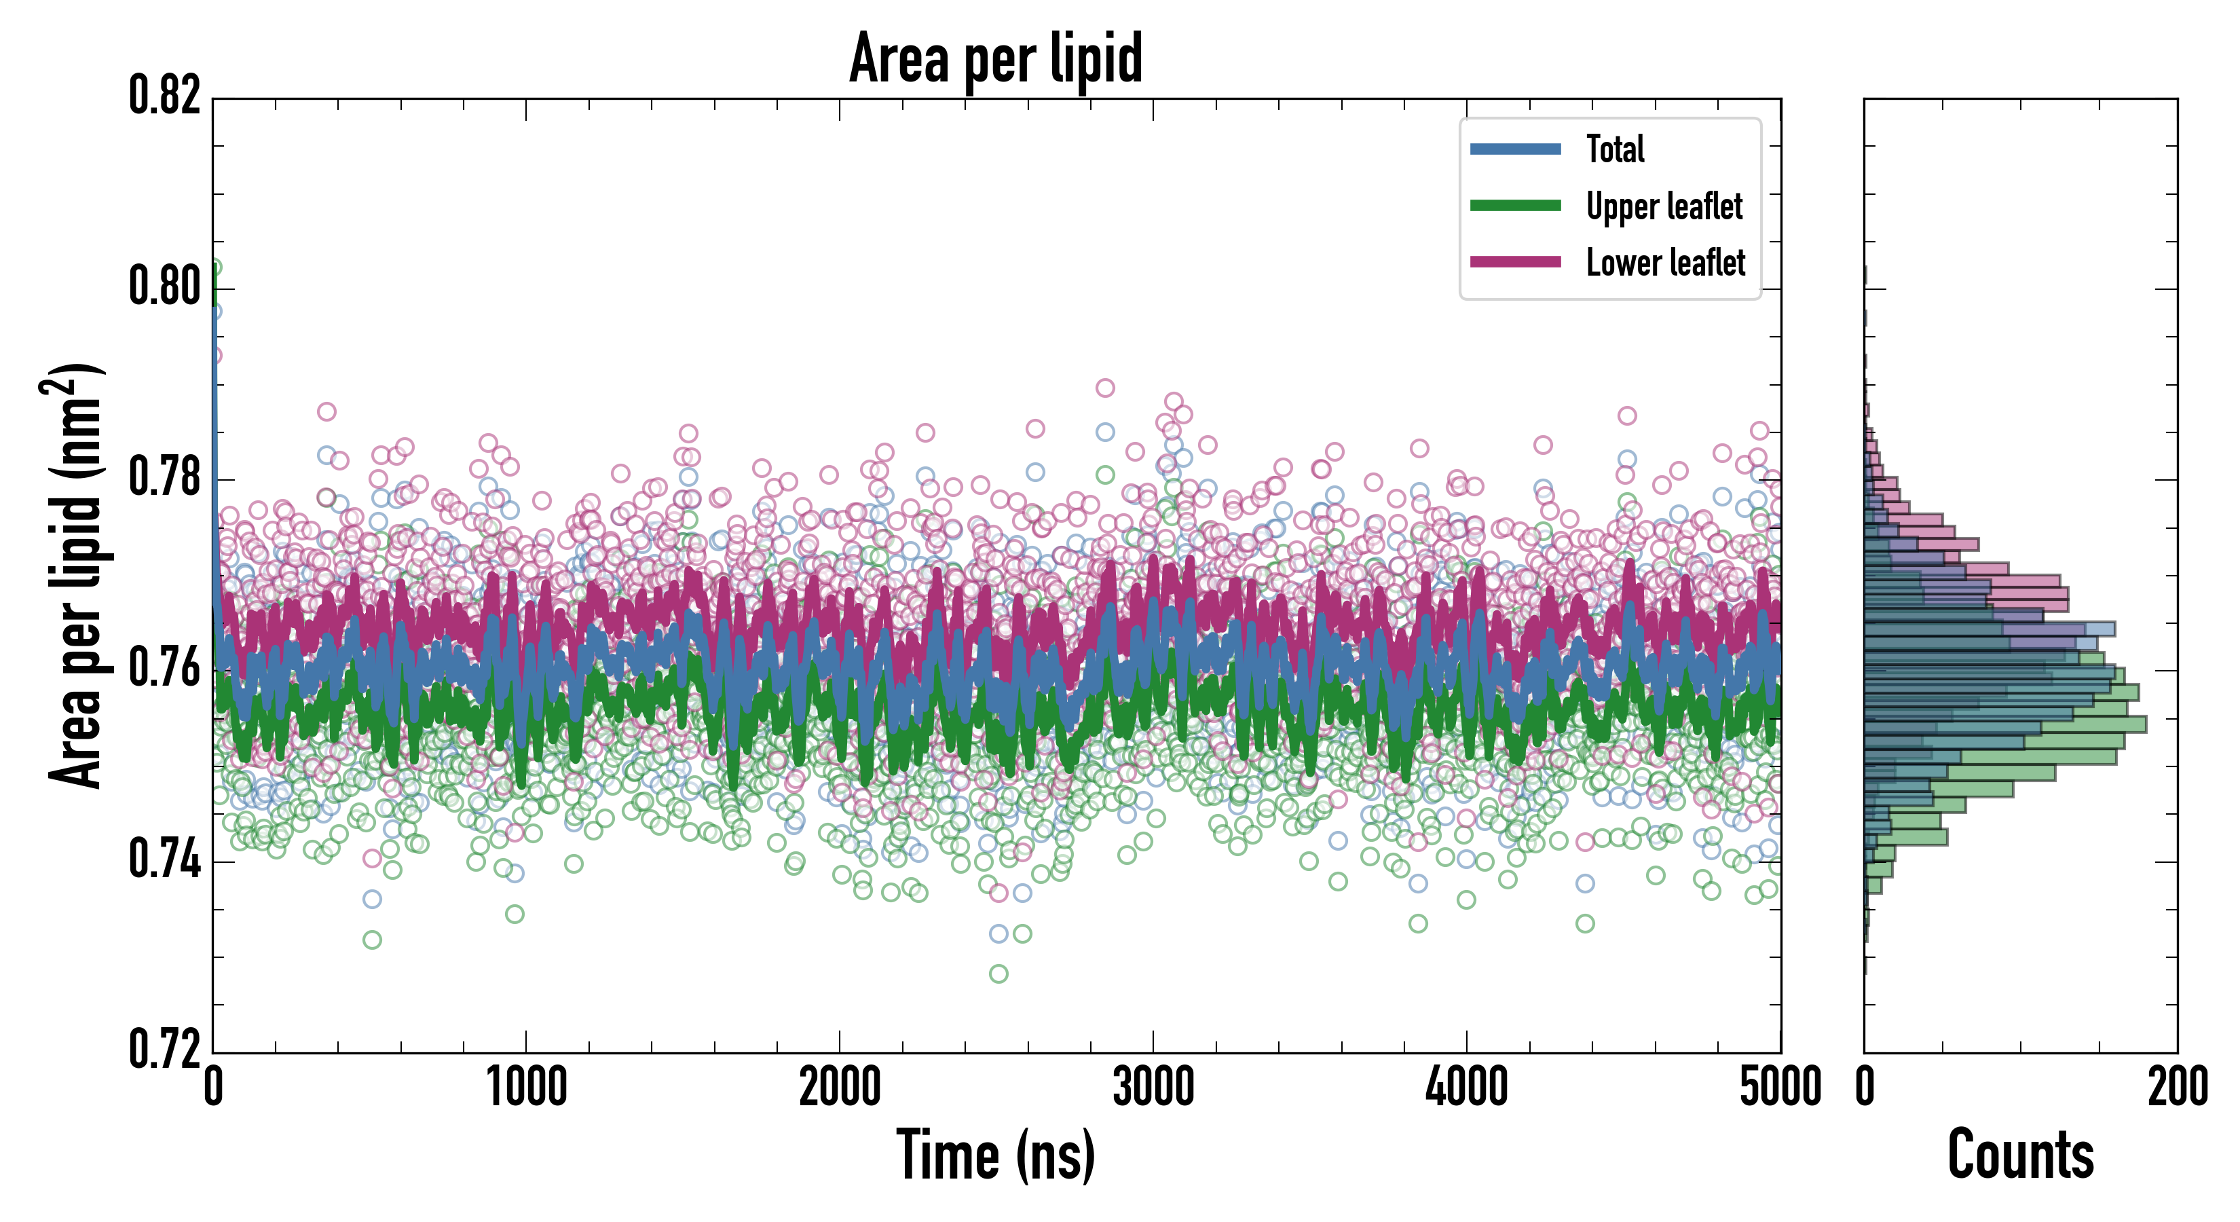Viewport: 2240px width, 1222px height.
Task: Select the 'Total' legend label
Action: click(1615, 149)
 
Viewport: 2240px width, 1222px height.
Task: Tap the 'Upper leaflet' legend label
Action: click(1664, 206)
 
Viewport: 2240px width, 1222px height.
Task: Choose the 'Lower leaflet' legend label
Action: click(1665, 262)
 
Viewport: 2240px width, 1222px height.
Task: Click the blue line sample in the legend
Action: click(1515, 149)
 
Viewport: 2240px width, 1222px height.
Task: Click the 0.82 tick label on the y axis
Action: click(164, 96)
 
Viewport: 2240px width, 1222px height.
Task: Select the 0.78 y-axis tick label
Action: click(164, 477)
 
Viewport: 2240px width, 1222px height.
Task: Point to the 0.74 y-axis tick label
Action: click(164, 859)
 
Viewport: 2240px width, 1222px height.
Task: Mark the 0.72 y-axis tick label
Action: click(164, 1049)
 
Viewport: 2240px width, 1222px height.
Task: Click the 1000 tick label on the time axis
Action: click(526, 1087)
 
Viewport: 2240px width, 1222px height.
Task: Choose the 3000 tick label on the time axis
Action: click(1153, 1087)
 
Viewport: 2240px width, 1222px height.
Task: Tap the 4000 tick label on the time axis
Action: click(1466, 1087)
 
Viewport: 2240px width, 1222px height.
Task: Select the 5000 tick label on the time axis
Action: click(1780, 1087)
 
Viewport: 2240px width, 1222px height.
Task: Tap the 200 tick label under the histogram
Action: click(2178, 1087)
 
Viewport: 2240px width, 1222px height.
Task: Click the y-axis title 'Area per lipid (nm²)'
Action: click(73, 576)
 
